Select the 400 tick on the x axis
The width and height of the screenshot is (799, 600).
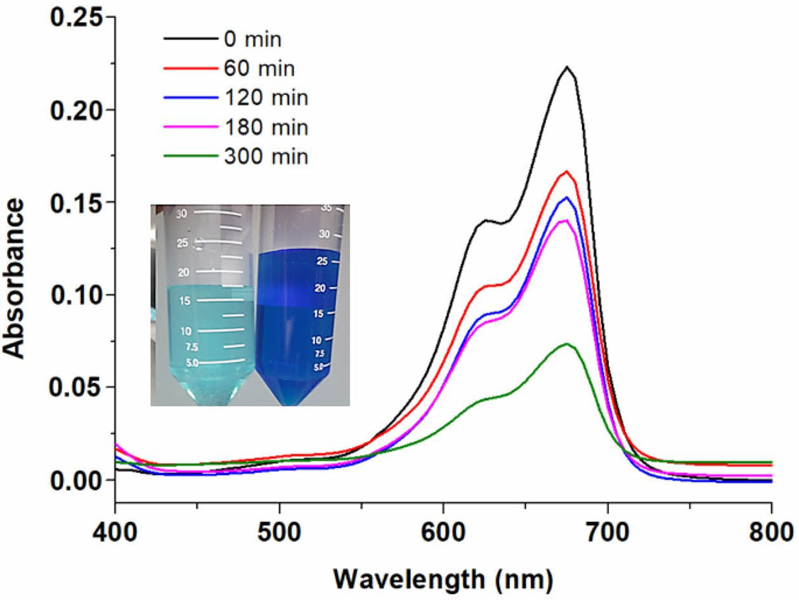pos(115,528)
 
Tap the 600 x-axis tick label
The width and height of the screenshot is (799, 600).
pos(443,528)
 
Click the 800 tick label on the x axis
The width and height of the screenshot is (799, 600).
pos(771,528)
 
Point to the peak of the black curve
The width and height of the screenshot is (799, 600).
pos(567,67)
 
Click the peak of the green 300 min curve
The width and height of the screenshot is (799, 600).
pos(567,344)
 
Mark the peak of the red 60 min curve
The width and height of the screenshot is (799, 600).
pos(566,171)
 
